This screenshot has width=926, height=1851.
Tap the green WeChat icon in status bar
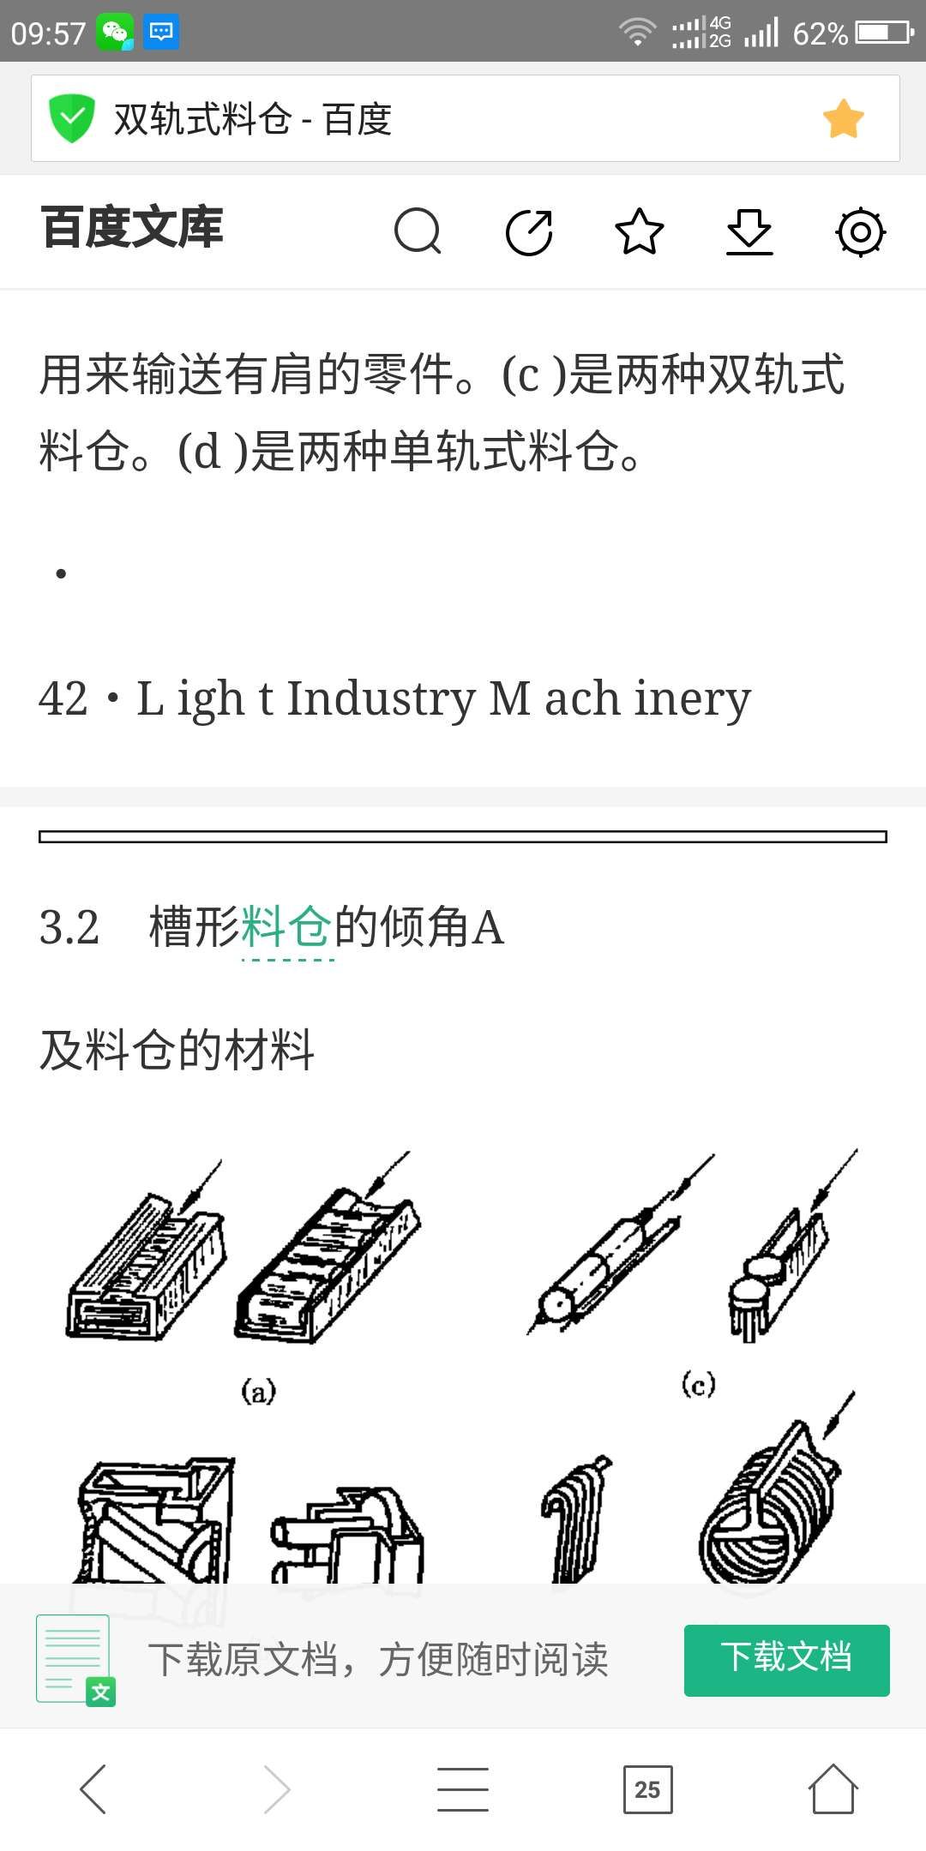coord(115,33)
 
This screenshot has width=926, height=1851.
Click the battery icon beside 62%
coord(884,33)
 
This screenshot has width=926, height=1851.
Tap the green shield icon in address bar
coord(71,118)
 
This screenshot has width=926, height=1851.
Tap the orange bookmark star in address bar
coord(844,118)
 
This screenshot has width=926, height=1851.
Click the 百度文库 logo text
coord(132,228)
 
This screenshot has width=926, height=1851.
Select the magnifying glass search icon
coord(418,231)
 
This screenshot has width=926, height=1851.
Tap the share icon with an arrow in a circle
coord(529,231)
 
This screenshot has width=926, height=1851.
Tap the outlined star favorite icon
coord(640,231)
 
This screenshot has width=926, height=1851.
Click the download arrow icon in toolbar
coord(749,231)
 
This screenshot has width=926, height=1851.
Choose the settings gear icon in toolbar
coord(860,231)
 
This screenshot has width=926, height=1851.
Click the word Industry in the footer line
coord(381,698)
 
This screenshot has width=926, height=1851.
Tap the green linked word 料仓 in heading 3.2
coord(287,926)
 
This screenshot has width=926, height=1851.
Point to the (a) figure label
coord(258,1390)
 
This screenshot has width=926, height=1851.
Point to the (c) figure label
coord(698,1383)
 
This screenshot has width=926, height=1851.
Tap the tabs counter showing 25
coord(647,1789)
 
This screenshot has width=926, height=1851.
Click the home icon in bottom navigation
coord(833,1789)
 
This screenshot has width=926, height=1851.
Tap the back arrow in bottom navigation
coord(93,1789)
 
